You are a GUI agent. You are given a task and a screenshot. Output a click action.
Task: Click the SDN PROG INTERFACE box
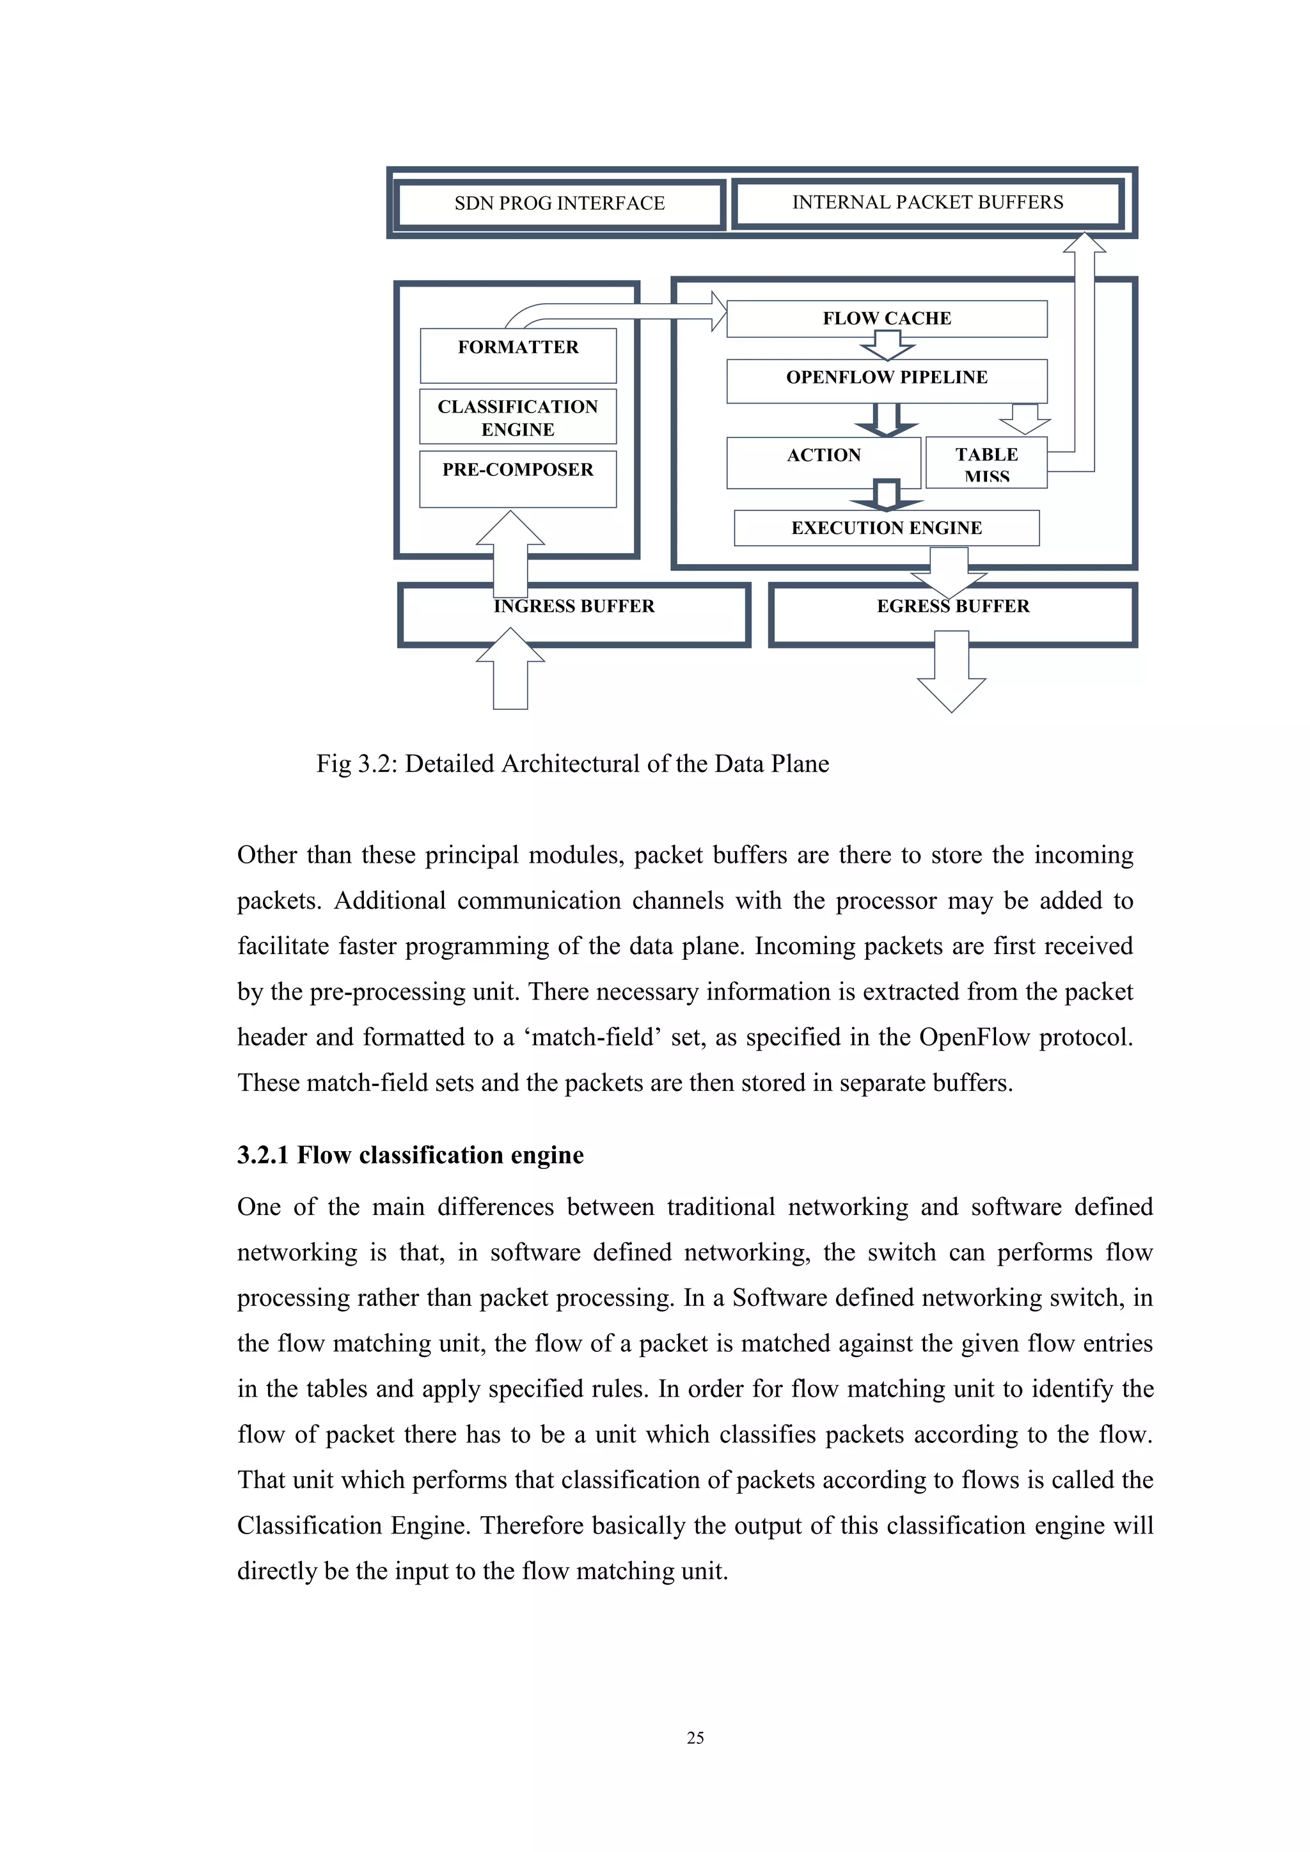pyautogui.click(x=559, y=203)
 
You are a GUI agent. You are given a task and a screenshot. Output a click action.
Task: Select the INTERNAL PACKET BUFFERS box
pyautogui.click(x=927, y=203)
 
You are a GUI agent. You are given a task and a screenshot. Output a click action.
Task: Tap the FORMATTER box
pyautogui.click(x=518, y=355)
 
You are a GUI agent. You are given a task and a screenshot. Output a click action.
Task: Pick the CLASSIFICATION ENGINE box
pyautogui.click(x=518, y=417)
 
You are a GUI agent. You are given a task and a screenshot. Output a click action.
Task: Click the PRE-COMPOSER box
pyautogui.click(x=518, y=478)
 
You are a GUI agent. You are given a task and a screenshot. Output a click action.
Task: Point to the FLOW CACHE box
pyautogui.click(x=887, y=318)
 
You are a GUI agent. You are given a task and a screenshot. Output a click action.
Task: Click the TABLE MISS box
pyautogui.click(x=986, y=463)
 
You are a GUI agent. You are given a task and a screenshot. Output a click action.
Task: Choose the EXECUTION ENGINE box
pyautogui.click(x=886, y=528)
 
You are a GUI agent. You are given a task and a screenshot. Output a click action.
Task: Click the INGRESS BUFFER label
pyautogui.click(x=574, y=607)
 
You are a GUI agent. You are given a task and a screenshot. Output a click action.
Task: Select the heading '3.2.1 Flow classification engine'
pyautogui.click(x=410, y=1155)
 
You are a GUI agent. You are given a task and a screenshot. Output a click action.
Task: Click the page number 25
pyautogui.click(x=695, y=1738)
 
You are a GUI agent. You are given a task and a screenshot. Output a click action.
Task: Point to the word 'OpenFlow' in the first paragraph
pyautogui.click(x=974, y=1037)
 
